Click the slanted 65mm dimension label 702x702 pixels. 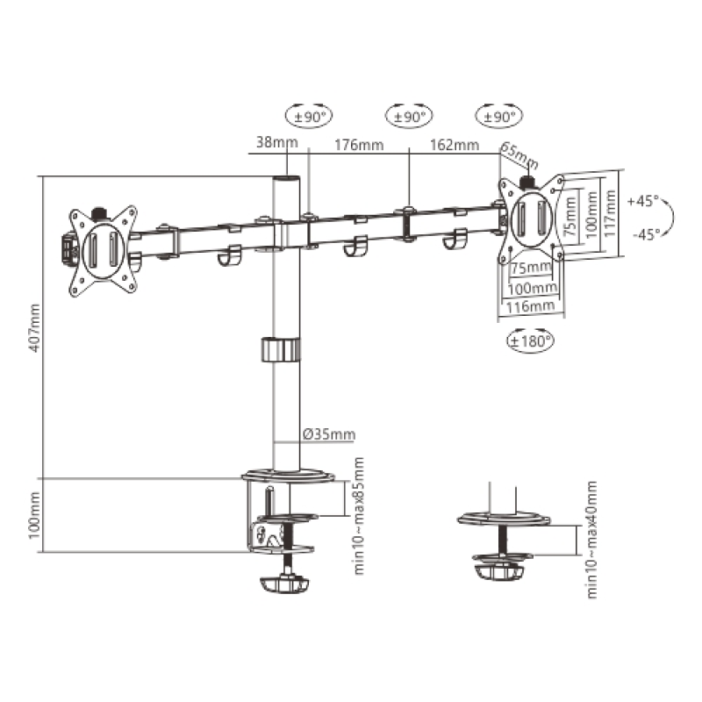coord(519,156)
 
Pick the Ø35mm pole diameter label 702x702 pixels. coord(329,433)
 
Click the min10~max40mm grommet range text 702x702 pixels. coord(591,540)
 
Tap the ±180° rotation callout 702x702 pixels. coord(531,340)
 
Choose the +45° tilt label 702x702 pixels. coord(643,201)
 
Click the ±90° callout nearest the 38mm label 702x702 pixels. coord(310,115)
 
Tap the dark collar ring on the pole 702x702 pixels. coord(282,348)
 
